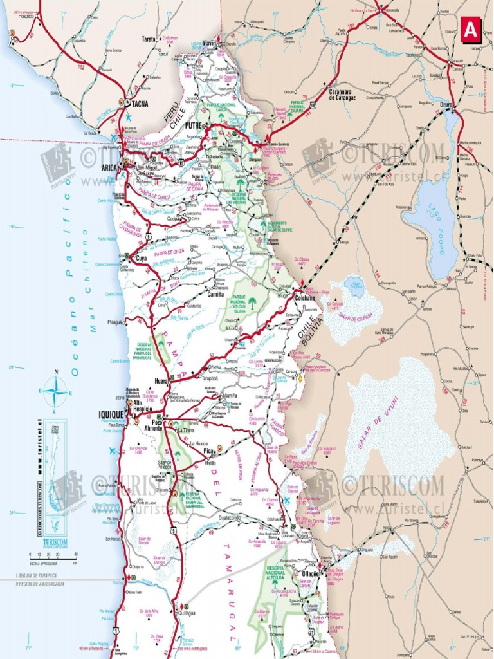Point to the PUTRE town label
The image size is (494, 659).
pyautogui.click(x=194, y=126)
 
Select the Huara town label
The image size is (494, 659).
pyautogui.click(x=161, y=380)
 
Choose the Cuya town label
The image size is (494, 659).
pyautogui.click(x=142, y=258)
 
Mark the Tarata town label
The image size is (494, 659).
pyautogui.click(x=149, y=39)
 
